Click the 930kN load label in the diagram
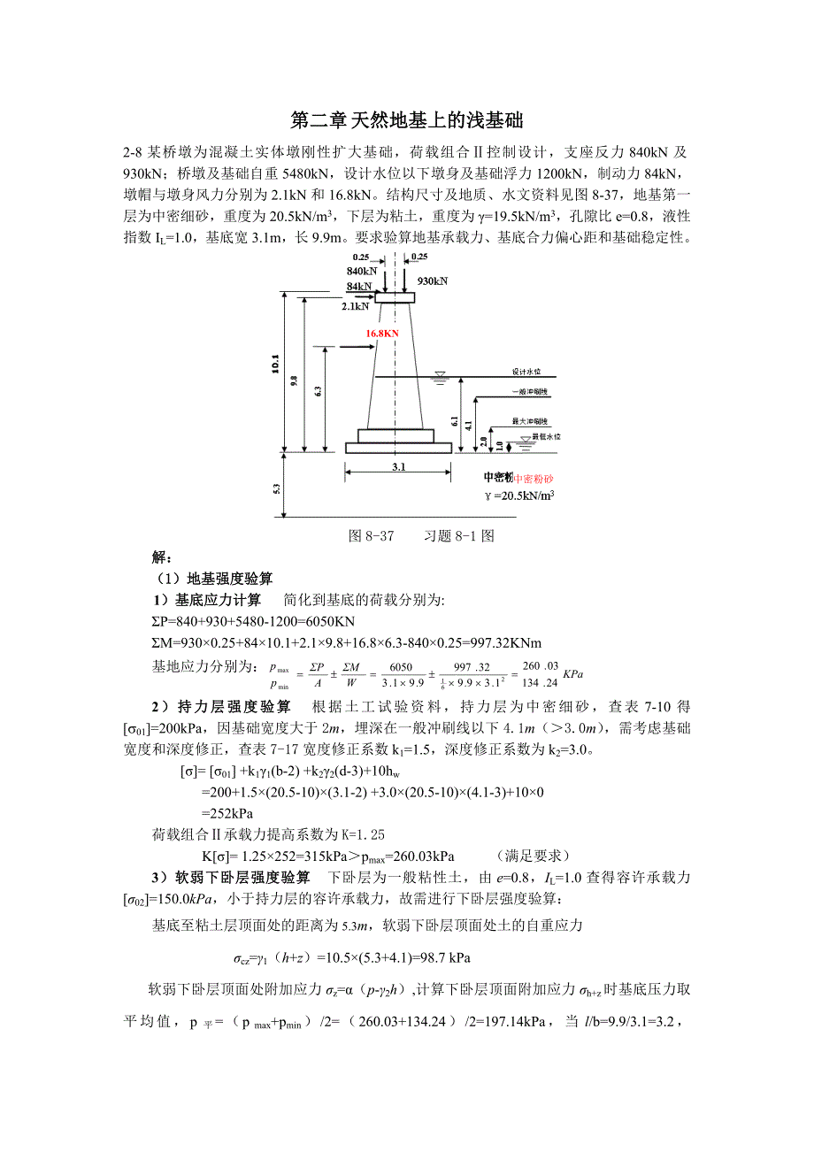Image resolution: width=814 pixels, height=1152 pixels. coord(433,281)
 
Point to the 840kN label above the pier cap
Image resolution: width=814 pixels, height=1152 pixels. coord(362,270)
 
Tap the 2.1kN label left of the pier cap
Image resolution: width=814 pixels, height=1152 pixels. coord(355,306)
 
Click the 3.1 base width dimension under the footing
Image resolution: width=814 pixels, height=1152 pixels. coord(398,468)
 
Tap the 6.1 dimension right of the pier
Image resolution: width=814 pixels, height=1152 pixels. coord(455,422)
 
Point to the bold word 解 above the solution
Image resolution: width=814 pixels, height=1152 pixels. coord(160,558)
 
